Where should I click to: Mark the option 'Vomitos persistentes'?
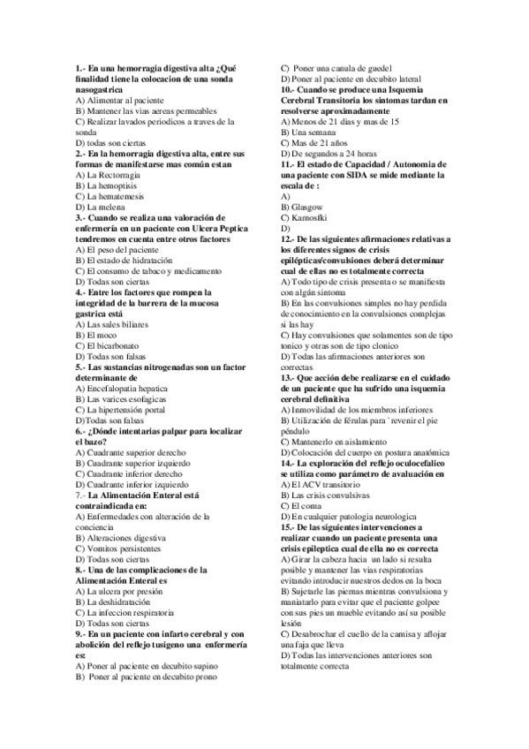point(121,549)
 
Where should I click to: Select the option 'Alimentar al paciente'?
point(119,101)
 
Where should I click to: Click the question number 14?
point(288,462)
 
